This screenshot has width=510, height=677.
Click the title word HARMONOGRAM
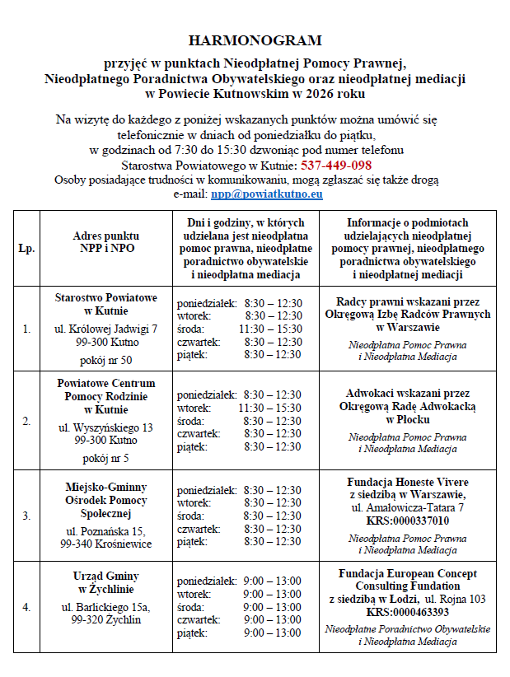pyautogui.click(x=255, y=40)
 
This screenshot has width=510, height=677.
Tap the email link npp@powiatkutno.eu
pyautogui.click(x=266, y=194)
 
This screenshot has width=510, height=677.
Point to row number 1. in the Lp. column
pyautogui.click(x=26, y=329)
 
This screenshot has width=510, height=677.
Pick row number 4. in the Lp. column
pyautogui.click(x=26, y=607)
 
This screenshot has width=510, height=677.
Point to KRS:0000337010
pyautogui.click(x=408, y=521)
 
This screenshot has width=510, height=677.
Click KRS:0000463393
pyautogui.click(x=408, y=612)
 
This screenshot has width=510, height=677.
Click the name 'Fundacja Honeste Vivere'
pyautogui.click(x=408, y=482)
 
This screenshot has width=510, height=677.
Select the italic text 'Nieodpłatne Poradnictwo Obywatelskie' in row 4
pyautogui.click(x=408, y=628)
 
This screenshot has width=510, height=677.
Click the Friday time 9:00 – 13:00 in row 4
pyautogui.click(x=273, y=633)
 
